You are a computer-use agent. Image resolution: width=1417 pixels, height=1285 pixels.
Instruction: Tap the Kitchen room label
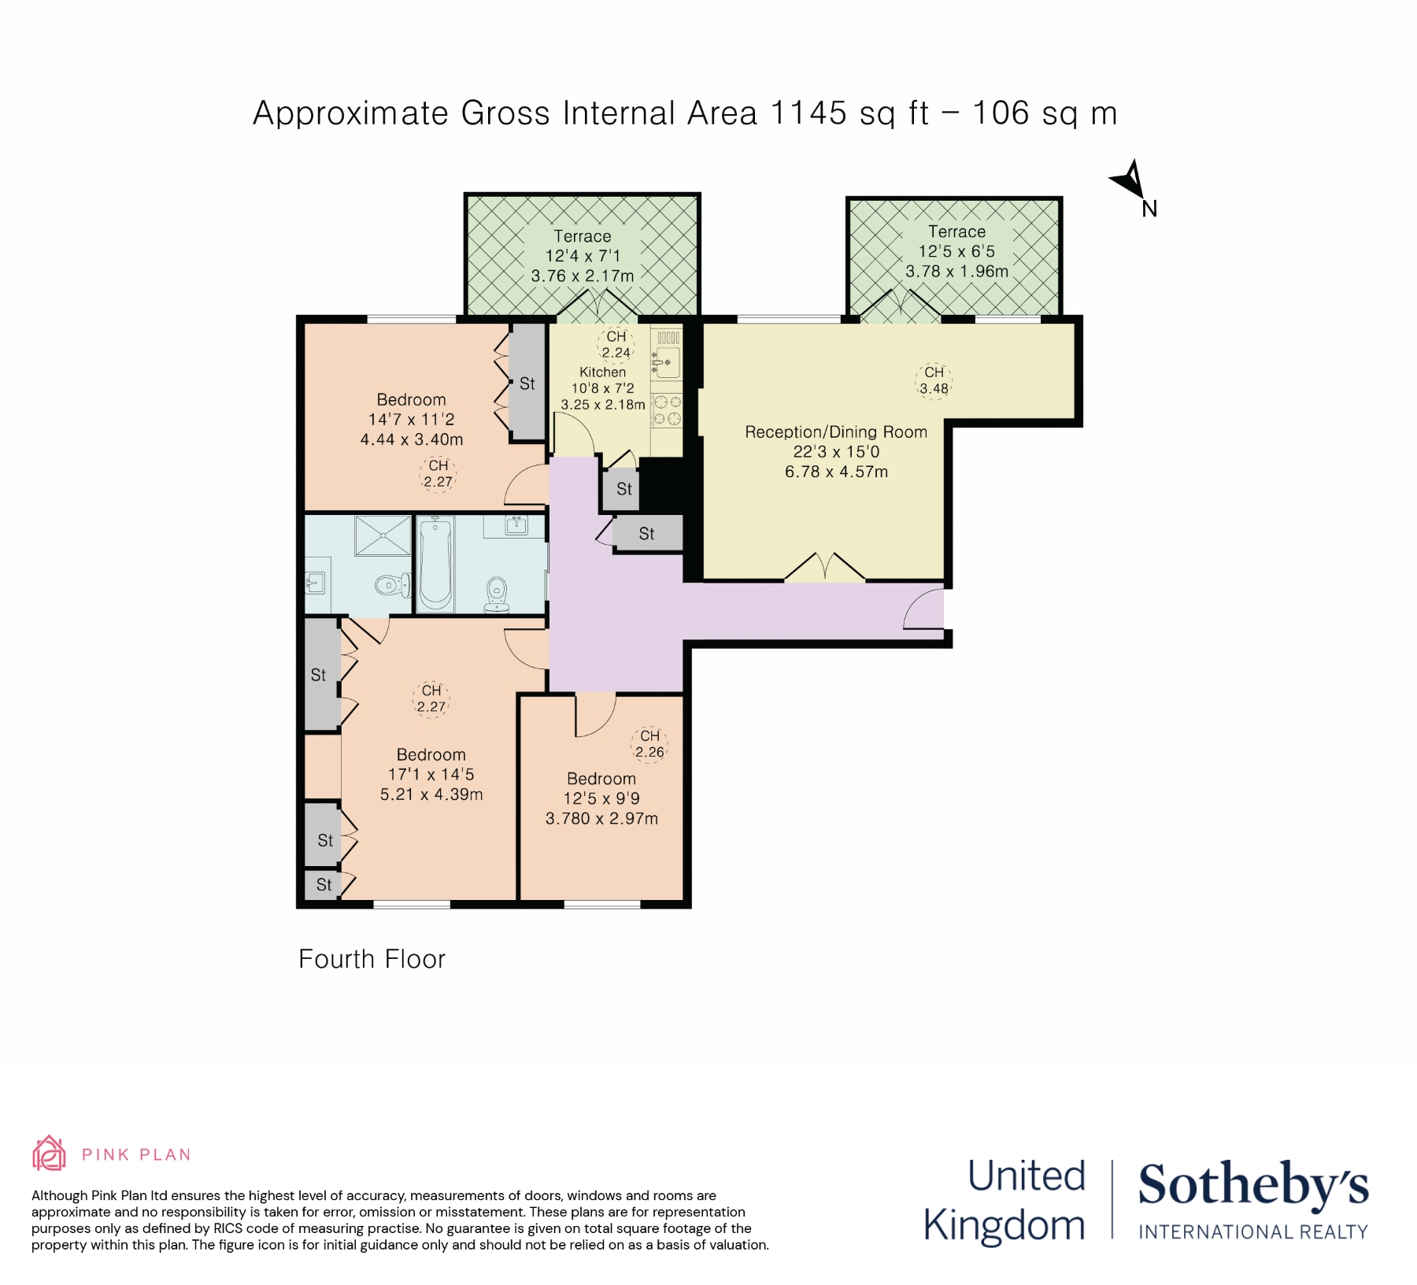click(x=602, y=372)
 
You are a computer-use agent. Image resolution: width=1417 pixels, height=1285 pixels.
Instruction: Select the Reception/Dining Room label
click(x=835, y=431)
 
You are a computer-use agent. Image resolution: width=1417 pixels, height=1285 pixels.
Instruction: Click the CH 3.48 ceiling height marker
click(x=934, y=380)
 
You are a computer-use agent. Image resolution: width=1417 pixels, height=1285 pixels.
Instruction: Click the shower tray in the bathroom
click(x=383, y=535)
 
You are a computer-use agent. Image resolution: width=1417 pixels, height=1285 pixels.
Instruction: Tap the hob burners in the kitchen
click(x=667, y=410)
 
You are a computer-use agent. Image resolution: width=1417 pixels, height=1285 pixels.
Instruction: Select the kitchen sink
click(x=667, y=363)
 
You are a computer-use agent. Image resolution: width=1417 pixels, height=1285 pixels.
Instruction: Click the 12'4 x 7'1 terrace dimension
click(x=582, y=256)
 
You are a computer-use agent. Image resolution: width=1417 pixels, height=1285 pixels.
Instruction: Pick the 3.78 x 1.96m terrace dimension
click(x=956, y=272)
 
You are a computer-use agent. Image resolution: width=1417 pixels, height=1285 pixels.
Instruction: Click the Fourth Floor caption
click(x=372, y=959)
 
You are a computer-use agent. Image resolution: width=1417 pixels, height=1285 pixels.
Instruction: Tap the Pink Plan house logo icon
click(x=49, y=1154)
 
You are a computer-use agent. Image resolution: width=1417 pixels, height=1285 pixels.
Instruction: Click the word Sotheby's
click(x=1252, y=1185)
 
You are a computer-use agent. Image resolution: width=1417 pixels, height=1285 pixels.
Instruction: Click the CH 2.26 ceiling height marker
click(x=649, y=744)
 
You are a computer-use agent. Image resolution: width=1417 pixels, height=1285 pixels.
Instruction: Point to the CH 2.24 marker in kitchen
click(x=616, y=345)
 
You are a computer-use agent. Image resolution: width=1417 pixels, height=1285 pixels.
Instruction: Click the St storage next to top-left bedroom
click(x=527, y=383)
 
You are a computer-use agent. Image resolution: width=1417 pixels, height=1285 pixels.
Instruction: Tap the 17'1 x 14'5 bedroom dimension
click(x=431, y=775)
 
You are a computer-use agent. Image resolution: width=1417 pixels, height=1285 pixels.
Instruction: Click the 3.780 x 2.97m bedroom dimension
click(x=601, y=819)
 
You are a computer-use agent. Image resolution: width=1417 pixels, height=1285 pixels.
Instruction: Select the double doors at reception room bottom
click(x=825, y=567)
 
